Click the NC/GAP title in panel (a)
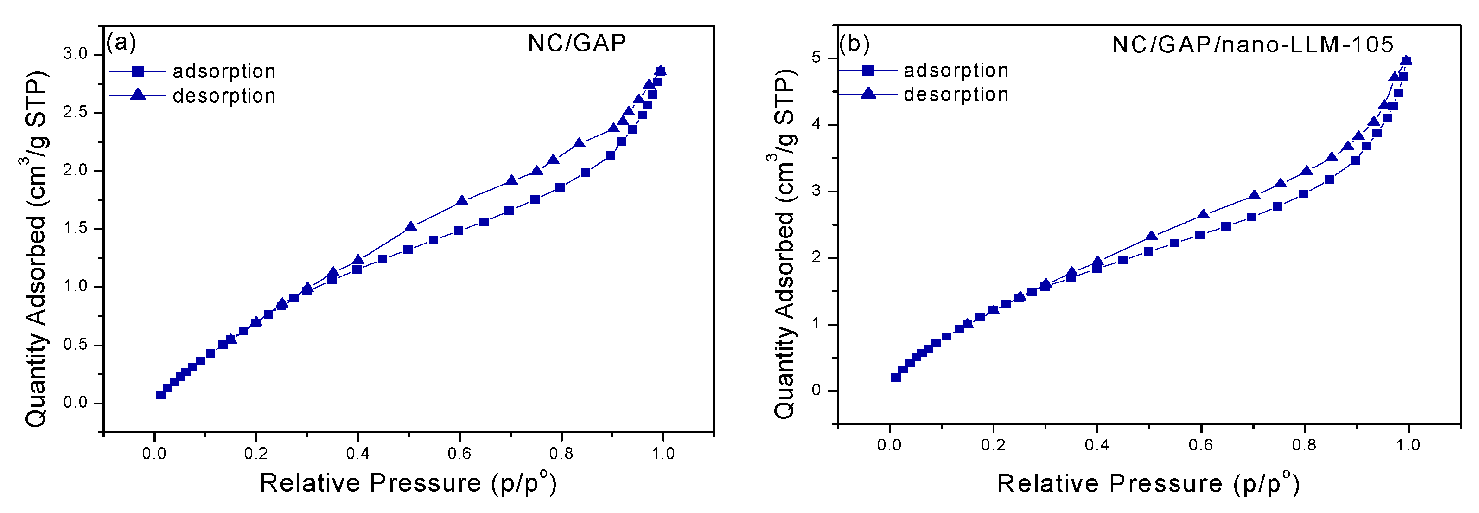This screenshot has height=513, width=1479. tap(576, 43)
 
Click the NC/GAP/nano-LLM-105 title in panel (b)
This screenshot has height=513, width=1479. tap(1252, 44)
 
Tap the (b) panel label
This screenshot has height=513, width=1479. tap(854, 43)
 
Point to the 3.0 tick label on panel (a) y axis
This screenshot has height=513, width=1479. tap(75, 54)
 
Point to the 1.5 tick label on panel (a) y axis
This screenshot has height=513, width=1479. tap(75, 229)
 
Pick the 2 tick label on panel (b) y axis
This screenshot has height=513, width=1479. tap(816, 257)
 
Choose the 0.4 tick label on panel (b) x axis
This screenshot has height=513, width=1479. tap(1096, 445)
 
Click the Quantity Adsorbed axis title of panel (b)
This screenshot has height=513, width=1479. tap(784, 244)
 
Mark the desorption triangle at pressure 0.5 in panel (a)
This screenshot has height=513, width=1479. tap(410, 226)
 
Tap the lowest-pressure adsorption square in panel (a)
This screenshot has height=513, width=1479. tap(161, 394)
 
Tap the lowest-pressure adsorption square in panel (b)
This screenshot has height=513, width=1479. tap(896, 378)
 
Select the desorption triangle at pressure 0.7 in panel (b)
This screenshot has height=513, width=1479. tap(1255, 195)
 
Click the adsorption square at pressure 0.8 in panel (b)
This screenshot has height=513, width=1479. tap(1304, 193)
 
